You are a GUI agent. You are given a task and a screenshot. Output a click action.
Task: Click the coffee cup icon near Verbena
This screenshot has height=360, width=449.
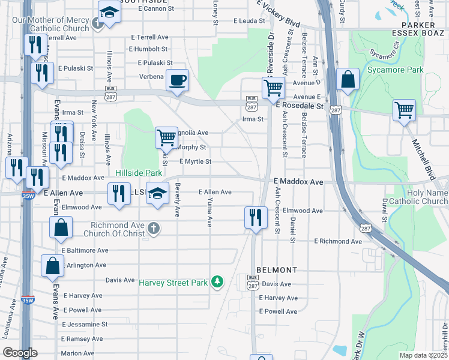tap(177, 80)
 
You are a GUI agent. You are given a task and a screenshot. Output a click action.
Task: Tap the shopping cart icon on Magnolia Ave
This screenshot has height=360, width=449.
tap(166, 137)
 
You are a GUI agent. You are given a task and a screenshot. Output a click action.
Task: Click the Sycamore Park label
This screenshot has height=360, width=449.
tap(395, 70)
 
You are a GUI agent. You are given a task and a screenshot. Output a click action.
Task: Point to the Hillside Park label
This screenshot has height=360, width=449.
tap(139, 173)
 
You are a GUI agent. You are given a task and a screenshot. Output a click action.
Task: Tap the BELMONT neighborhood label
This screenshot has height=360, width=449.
tap(276, 271)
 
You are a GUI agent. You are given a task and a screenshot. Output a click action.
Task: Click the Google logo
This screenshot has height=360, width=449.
tap(20, 353)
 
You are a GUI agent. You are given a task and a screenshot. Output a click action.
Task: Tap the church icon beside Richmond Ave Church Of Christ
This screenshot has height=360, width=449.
tap(154, 228)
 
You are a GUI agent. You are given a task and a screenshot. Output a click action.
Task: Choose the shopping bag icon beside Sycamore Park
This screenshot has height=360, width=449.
tap(348, 80)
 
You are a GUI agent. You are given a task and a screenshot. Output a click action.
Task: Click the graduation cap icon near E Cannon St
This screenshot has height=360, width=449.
tap(109, 13)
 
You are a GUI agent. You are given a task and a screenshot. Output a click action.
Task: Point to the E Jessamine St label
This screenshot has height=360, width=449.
tap(85, 324)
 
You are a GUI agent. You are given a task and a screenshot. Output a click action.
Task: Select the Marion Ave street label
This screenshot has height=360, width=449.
tap(77, 353)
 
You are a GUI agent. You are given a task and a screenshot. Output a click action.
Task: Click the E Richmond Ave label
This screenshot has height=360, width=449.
tap(339, 241)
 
